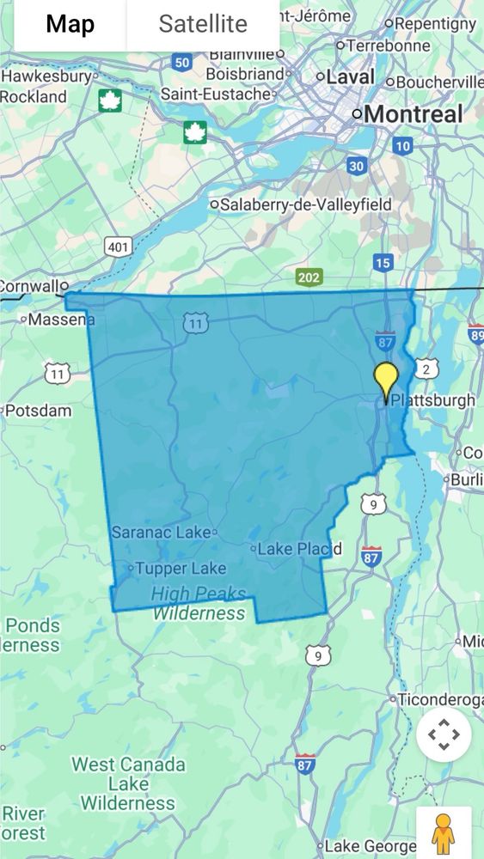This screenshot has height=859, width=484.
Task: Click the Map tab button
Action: point(70,24)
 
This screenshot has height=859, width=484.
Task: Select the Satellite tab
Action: point(203,24)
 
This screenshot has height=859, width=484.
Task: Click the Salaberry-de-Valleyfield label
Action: point(305,204)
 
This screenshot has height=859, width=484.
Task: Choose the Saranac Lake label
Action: point(161,533)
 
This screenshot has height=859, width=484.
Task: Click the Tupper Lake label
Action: point(181,568)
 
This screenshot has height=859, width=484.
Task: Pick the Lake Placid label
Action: point(299,549)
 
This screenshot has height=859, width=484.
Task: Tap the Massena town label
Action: point(61,320)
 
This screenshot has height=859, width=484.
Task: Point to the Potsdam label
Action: point(38,411)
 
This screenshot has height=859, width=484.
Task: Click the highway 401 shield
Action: point(117,247)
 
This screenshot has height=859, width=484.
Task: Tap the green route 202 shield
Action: point(309,277)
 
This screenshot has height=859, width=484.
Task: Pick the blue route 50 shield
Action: point(181,62)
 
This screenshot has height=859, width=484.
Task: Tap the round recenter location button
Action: point(444,734)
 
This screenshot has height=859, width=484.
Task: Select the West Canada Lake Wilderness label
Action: point(128,783)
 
